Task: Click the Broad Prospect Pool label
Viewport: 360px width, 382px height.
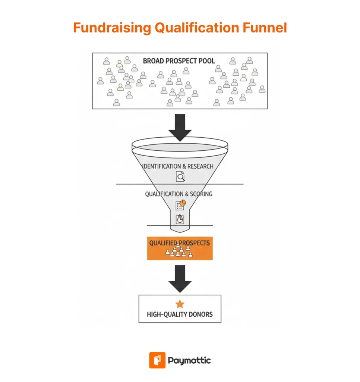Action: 179,61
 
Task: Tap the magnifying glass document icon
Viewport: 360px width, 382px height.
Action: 180,176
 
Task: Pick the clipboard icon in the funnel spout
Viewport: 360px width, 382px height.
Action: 180,219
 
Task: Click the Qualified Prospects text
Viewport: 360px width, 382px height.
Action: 180,243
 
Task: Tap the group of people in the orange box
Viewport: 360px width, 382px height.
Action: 180,251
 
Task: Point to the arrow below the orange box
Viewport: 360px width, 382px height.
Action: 180,278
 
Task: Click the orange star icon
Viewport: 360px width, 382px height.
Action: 180,304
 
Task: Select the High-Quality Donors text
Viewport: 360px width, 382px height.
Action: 180,314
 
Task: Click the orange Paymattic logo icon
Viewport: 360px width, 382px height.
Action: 157,360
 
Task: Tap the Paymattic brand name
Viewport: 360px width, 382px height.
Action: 189,361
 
